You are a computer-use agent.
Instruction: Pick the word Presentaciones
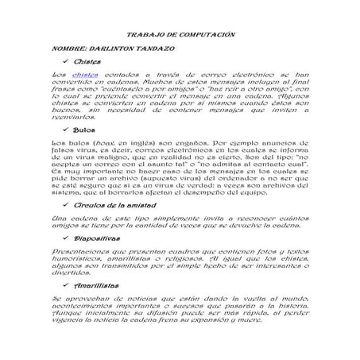(x=83, y=252)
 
